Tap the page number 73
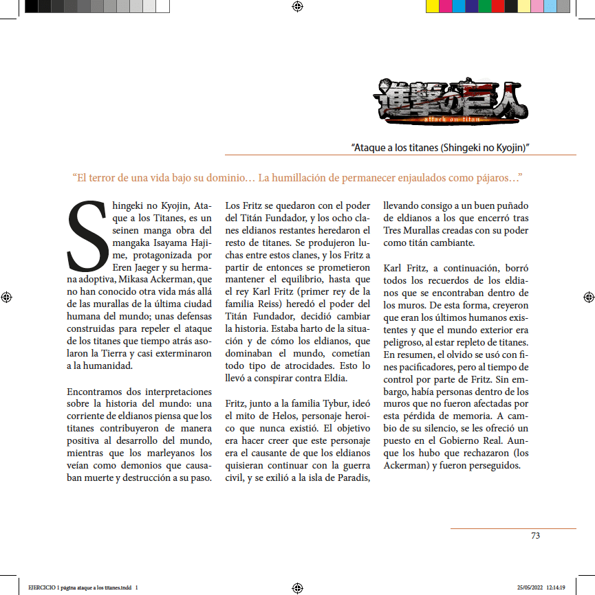point(535,536)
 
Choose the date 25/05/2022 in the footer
point(530,587)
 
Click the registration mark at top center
point(297,7)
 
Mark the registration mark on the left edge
point(7,297)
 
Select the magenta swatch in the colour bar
point(445,7)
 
